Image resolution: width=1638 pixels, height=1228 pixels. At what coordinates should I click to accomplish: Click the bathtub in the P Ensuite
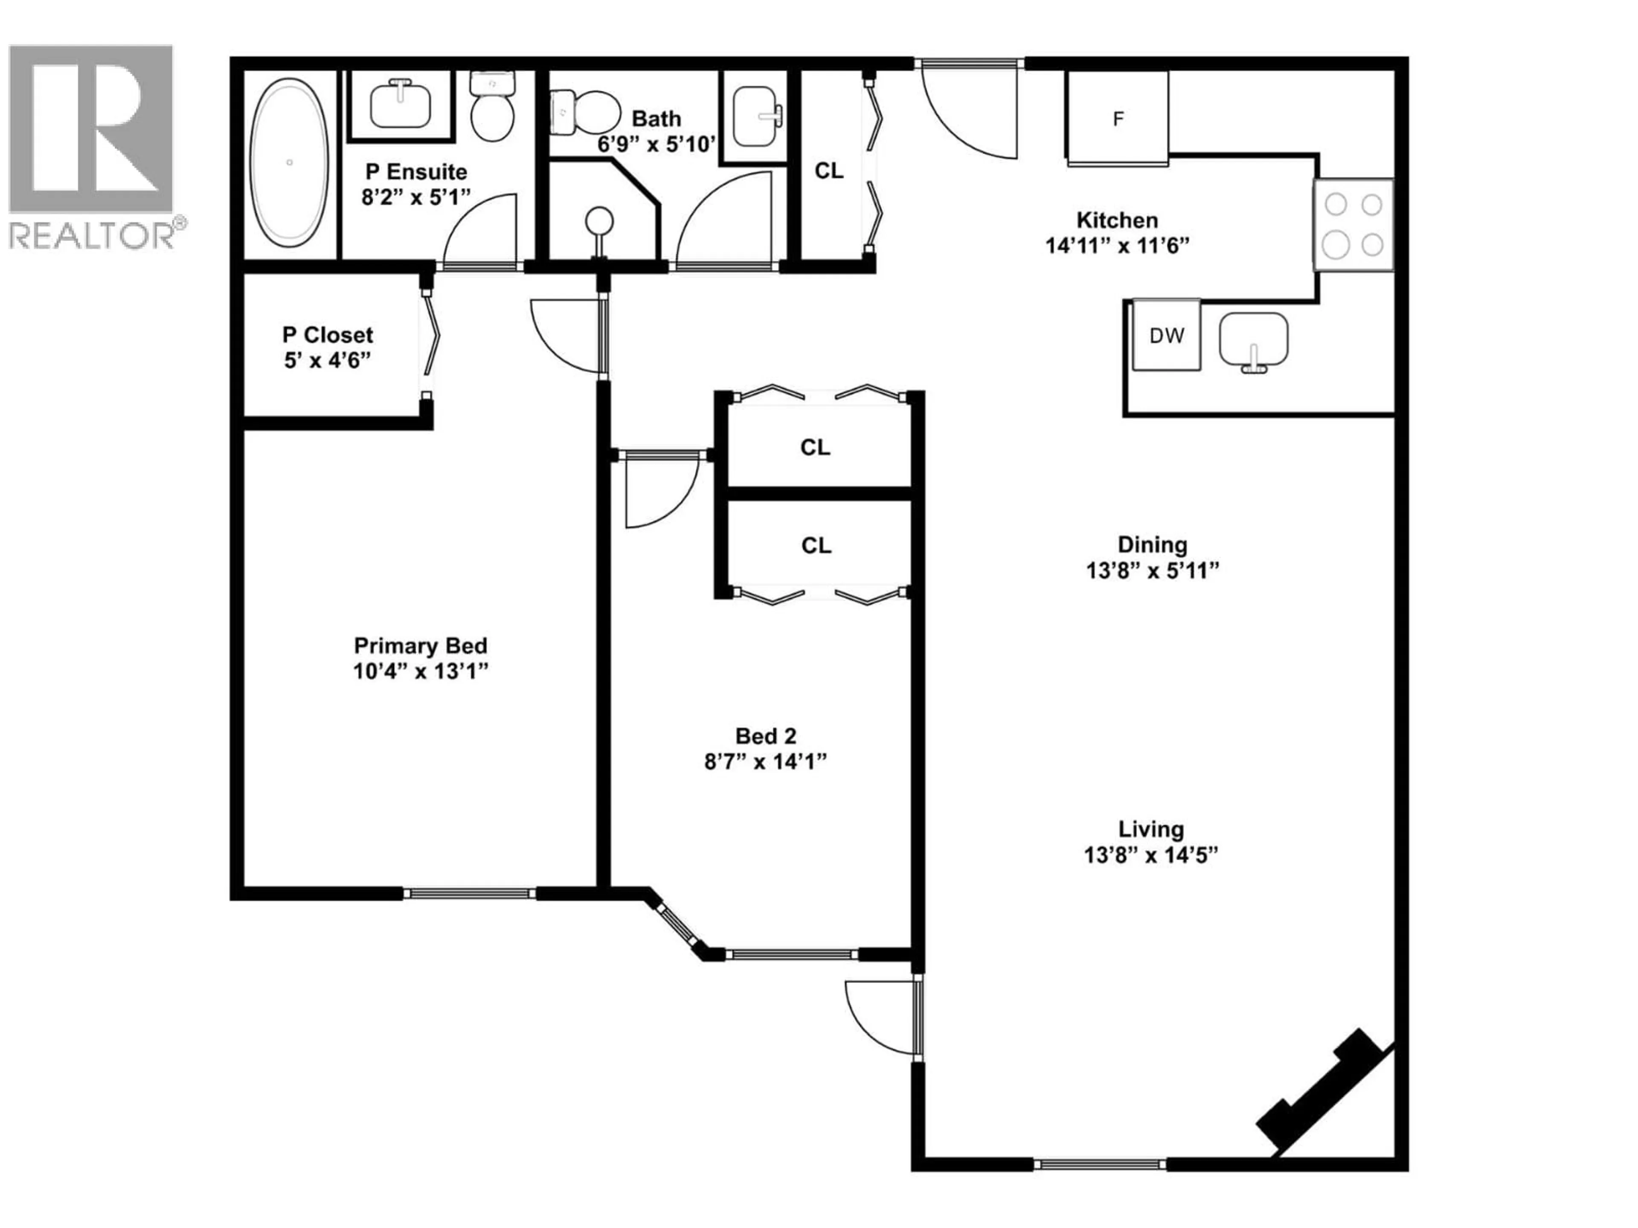[x=290, y=163]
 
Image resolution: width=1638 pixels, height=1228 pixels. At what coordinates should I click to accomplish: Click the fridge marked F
[x=1118, y=119]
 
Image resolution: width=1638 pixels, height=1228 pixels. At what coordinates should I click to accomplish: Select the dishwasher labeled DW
[x=1166, y=335]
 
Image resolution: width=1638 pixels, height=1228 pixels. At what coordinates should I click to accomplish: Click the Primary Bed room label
[x=420, y=646]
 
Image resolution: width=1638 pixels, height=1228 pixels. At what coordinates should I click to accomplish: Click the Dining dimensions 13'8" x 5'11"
[x=1151, y=570]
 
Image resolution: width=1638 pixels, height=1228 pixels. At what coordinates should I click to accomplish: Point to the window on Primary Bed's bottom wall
[x=470, y=893]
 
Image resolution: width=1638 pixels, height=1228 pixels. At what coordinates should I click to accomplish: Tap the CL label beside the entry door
[x=829, y=171]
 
